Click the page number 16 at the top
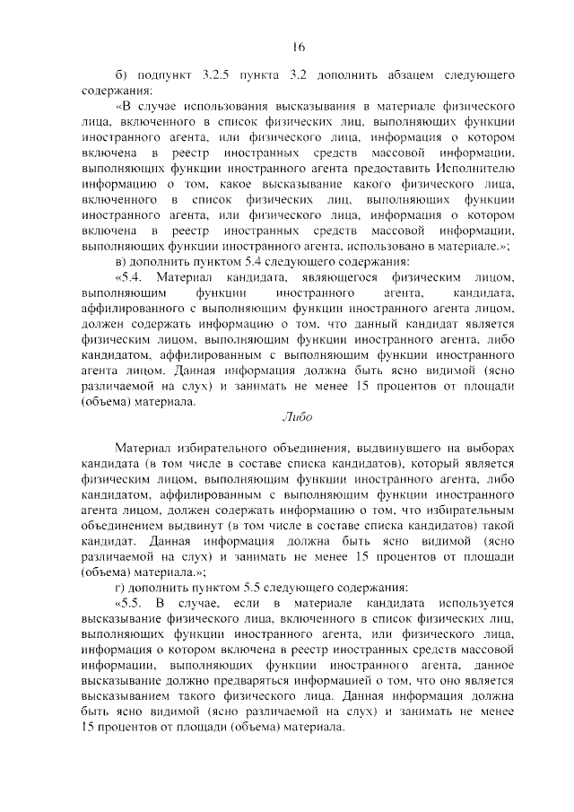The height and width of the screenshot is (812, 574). point(299,48)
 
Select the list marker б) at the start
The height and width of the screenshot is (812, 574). point(125,74)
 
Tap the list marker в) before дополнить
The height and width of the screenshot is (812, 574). point(124,261)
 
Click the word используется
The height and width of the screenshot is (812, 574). point(474,603)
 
